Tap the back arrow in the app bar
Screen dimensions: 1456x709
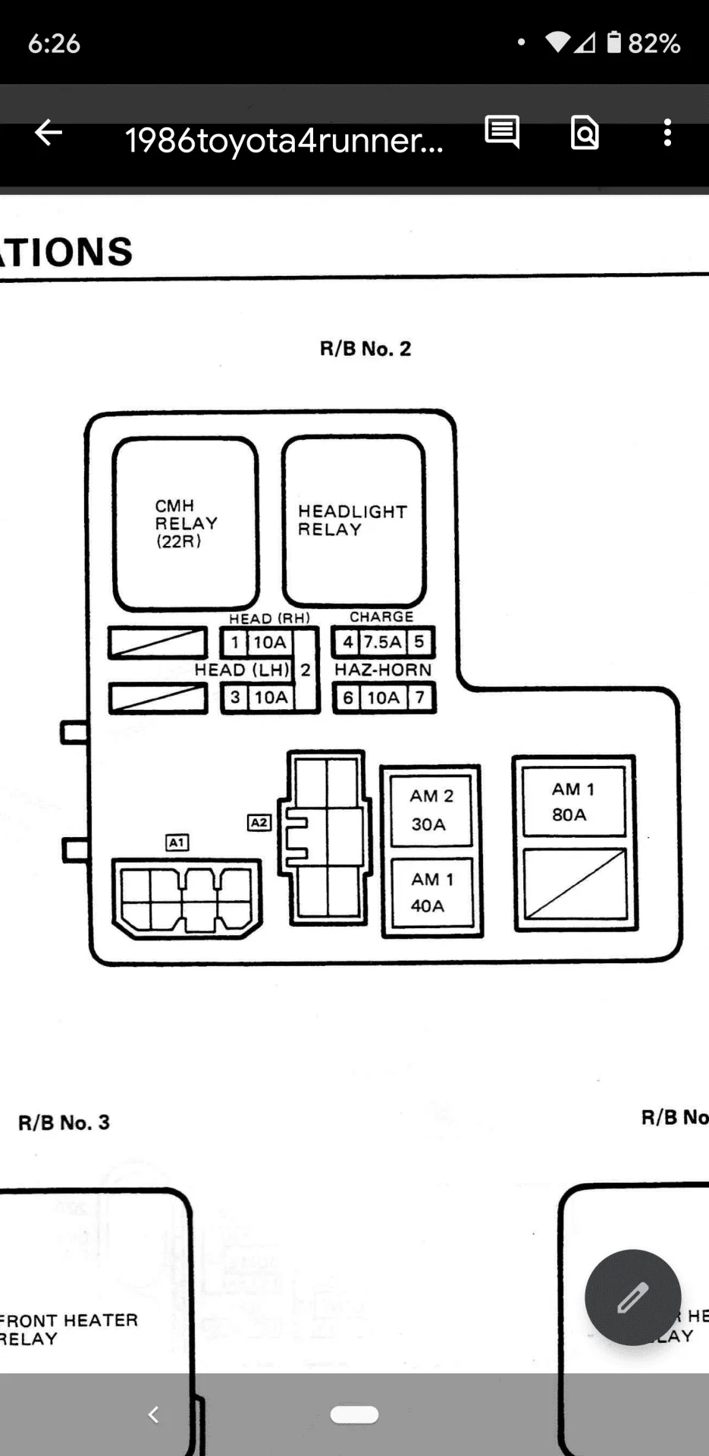49,133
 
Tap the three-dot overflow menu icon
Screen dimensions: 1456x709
667,133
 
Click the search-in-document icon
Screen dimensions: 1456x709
585,133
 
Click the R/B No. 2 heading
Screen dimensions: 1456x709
365,349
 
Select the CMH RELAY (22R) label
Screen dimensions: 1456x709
185,523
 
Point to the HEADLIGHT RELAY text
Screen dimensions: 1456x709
352,520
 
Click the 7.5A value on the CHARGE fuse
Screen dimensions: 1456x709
382,642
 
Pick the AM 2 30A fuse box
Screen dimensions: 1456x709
431,810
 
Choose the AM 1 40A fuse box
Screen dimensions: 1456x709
431,893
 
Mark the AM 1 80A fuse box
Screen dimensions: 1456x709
573,802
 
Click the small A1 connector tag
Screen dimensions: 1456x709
177,843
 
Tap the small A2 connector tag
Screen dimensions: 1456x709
259,823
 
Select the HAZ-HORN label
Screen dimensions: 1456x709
383,670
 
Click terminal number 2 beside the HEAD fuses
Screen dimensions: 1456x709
306,670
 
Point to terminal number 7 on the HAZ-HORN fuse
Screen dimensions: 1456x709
419,697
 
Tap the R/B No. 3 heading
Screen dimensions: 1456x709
64,1122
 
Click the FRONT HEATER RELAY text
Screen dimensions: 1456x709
68,1329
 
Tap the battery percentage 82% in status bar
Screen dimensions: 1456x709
654,43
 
